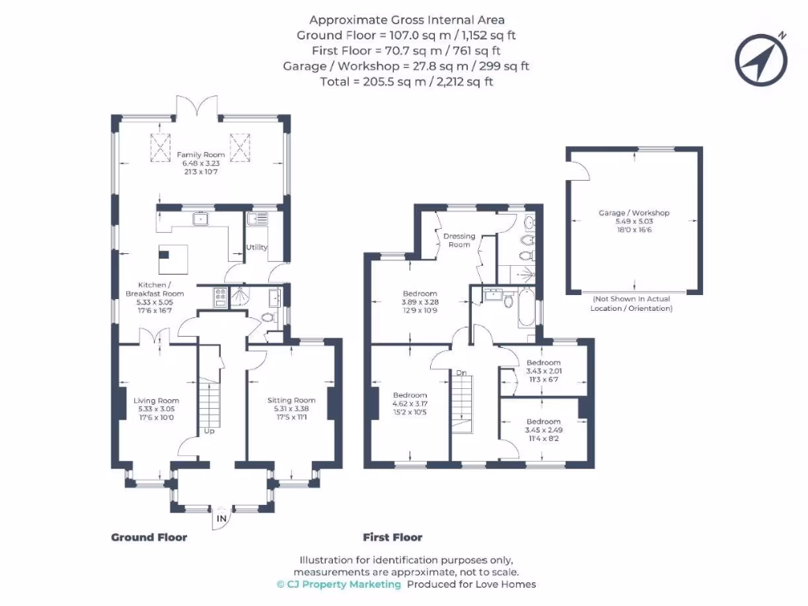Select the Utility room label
[x=256, y=248]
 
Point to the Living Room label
[x=156, y=401]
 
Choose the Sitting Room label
[x=291, y=401]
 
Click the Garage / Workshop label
[x=634, y=213]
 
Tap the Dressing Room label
[x=459, y=240]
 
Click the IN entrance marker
[x=222, y=519]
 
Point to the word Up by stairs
[x=209, y=432]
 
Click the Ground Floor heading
[x=149, y=537]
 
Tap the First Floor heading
[x=392, y=537]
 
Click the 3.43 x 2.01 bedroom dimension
[x=544, y=370]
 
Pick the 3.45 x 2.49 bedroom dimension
[x=544, y=430]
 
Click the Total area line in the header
[x=406, y=81]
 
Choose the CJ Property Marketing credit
[x=339, y=585]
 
